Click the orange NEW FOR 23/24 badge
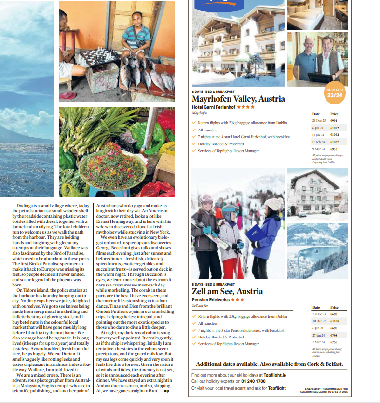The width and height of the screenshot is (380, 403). point(334,93)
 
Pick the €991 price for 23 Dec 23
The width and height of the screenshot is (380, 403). point(334,120)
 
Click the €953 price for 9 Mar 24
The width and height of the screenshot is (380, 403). point(334,149)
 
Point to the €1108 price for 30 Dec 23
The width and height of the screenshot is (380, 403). point(335,321)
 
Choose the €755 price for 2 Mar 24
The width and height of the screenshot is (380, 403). point(334,342)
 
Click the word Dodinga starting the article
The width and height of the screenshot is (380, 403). point(25,205)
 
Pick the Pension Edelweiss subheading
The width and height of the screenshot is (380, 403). point(211,299)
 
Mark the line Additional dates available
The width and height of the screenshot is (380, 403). point(270,364)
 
